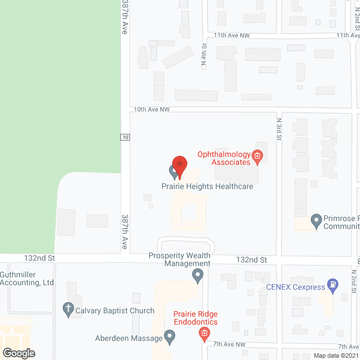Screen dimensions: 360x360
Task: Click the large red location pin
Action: point(179,166)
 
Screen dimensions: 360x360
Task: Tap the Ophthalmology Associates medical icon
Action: point(258,156)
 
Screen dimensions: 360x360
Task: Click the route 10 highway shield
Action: point(125,137)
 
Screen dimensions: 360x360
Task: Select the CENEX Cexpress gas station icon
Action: point(333,285)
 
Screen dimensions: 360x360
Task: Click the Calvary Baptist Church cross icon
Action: point(67,308)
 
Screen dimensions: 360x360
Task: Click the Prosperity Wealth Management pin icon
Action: point(197,276)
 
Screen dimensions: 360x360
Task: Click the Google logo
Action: point(18,353)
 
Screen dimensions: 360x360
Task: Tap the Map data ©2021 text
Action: point(335,355)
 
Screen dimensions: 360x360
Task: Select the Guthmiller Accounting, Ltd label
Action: point(27,278)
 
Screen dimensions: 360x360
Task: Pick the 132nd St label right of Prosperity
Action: point(251,260)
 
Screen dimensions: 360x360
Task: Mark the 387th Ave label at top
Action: point(125,17)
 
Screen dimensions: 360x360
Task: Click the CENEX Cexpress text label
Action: point(295,287)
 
